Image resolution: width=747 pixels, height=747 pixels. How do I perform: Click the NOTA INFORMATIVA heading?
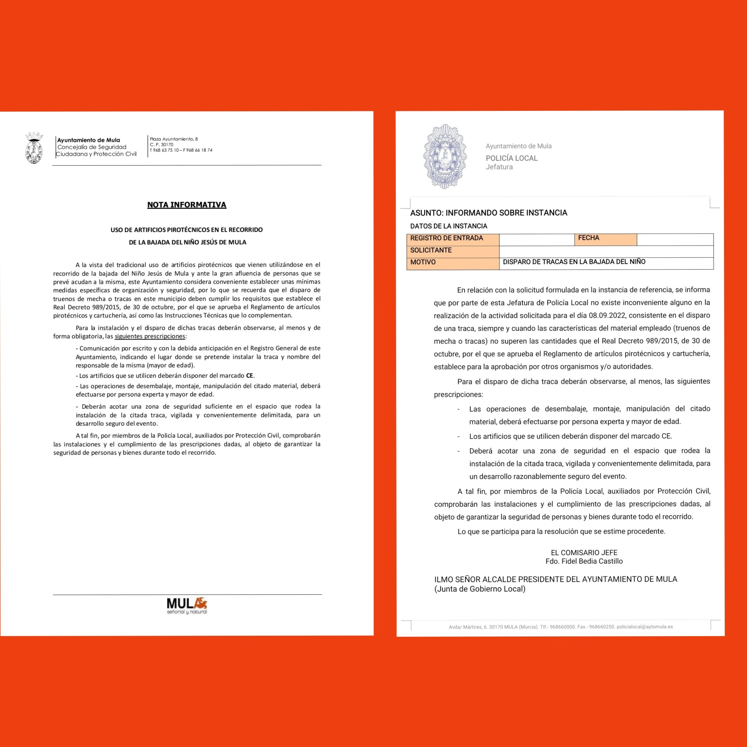[x=186, y=205]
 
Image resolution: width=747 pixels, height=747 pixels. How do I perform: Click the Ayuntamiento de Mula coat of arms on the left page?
[x=34, y=148]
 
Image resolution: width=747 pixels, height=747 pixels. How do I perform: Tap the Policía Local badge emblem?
[x=445, y=156]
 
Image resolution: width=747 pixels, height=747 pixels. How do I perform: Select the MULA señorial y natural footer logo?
[x=187, y=605]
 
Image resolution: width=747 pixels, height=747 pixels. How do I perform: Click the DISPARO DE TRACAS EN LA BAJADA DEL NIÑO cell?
[x=574, y=262]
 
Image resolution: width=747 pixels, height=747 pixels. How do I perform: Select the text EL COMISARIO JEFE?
[x=584, y=553]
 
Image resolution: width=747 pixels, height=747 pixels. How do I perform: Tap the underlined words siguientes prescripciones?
[x=150, y=336]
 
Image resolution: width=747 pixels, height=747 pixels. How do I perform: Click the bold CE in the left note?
[x=250, y=375]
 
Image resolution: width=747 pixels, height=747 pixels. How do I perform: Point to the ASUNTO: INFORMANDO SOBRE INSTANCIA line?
[x=488, y=213]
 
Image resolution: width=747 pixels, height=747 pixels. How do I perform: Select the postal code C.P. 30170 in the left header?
[x=162, y=144]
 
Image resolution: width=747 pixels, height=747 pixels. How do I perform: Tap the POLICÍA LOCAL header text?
[x=511, y=158]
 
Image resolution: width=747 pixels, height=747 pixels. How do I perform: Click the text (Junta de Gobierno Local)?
[x=480, y=589]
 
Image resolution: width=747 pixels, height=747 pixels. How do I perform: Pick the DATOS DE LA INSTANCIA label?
[x=449, y=226]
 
